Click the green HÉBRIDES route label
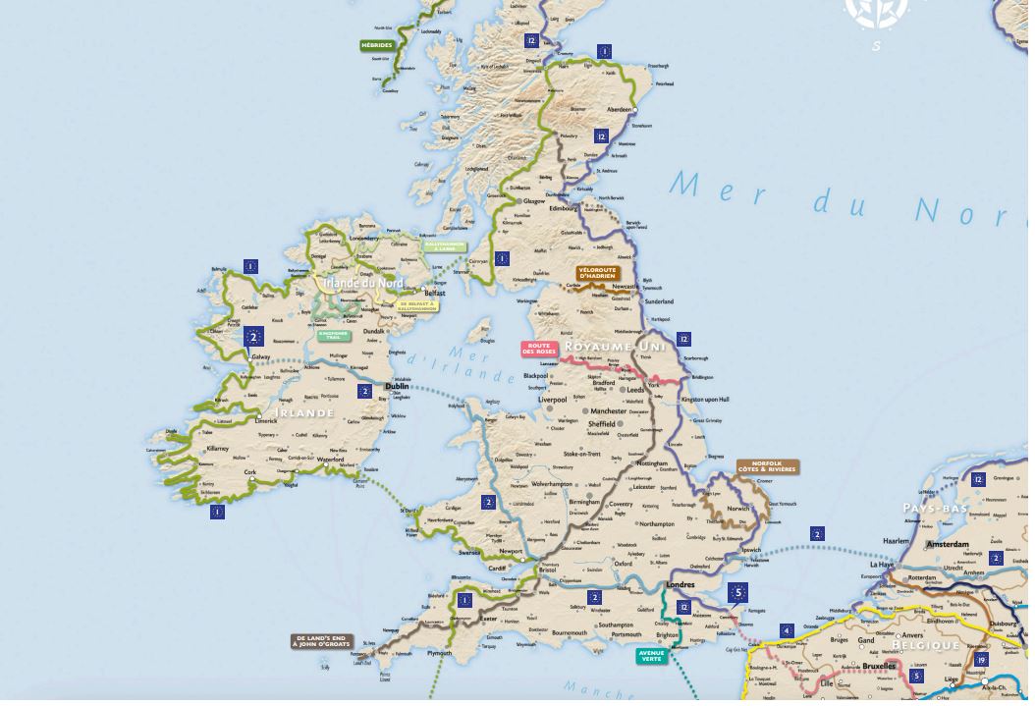coord(377,45)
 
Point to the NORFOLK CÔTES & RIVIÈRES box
coord(768,466)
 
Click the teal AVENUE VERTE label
coord(651,655)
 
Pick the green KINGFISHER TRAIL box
coord(330,334)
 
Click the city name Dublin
coord(397,387)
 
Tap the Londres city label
coord(680,584)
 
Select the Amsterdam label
coord(948,543)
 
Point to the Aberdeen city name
coord(620,109)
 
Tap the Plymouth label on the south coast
coord(439,652)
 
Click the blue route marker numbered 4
coord(786,629)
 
